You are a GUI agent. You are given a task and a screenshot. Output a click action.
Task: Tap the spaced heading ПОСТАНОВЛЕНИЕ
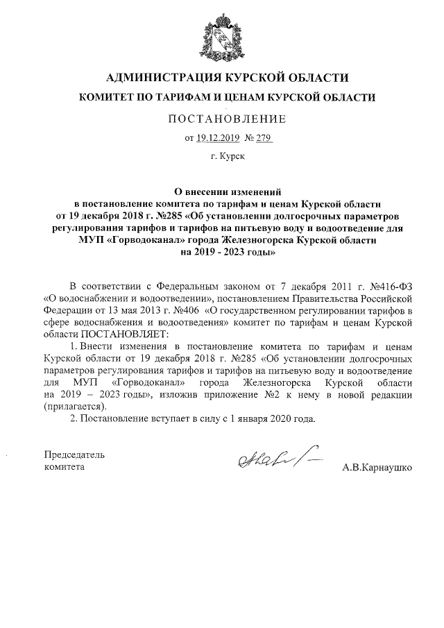point(223,119)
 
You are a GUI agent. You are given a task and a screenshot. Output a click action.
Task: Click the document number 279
point(263,138)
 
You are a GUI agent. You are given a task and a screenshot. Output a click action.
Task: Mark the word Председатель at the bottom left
point(74,455)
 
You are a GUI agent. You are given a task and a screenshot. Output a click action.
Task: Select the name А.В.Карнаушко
point(377,468)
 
